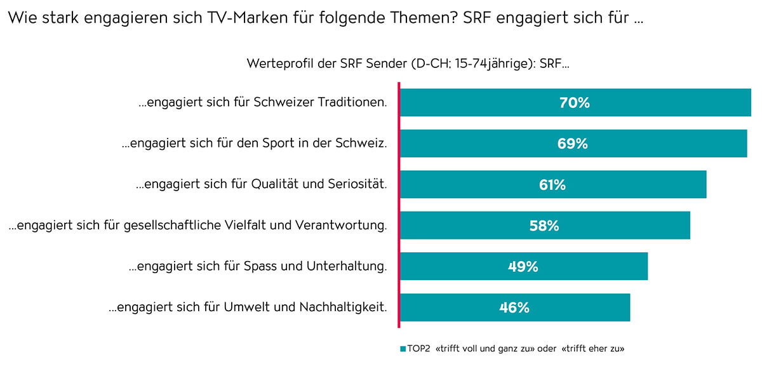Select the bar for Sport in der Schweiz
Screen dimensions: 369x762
[x=483, y=144]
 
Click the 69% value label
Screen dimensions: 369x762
[x=572, y=144]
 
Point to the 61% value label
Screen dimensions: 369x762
[x=552, y=185]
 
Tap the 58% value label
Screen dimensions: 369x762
[x=544, y=225]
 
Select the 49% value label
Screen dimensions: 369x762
[x=523, y=267]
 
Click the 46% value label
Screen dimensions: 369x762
[x=514, y=307]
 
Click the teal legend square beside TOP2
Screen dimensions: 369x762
[x=403, y=349]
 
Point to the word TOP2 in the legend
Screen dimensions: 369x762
[x=419, y=349]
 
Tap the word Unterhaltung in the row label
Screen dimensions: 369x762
[x=347, y=267]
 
